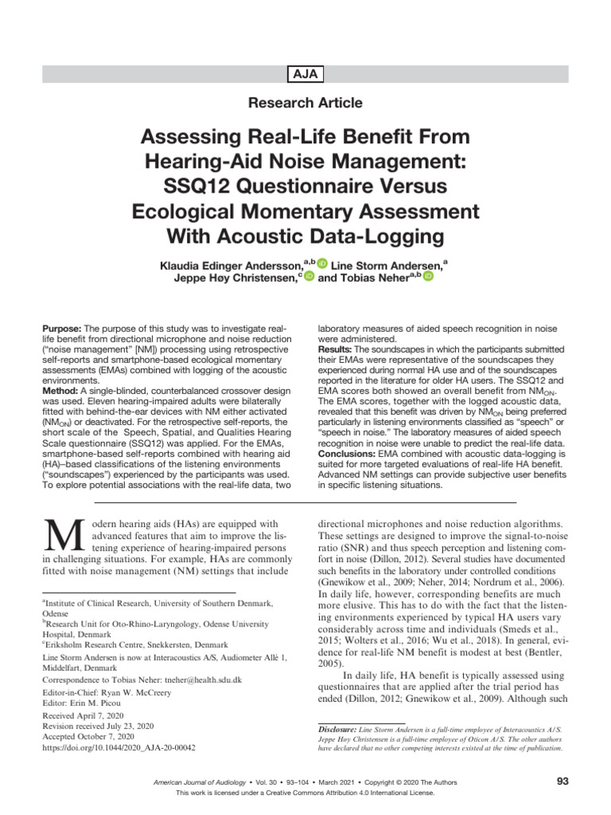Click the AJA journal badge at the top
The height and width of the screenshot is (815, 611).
click(305, 74)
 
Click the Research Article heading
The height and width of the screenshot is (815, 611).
click(305, 103)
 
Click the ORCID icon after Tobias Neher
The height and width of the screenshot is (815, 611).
click(428, 276)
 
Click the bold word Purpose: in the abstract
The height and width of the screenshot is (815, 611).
click(61, 328)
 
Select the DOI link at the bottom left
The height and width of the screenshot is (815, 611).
click(118, 748)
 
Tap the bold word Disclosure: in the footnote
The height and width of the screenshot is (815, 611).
click(337, 729)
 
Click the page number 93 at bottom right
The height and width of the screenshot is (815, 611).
click(562, 782)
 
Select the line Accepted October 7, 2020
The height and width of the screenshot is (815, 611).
click(89, 738)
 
